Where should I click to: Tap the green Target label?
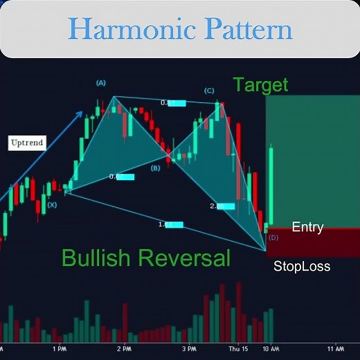[x=260, y=86]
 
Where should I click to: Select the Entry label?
[x=307, y=227]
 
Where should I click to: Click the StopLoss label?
[x=301, y=266]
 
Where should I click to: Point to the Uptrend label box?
[x=28, y=144]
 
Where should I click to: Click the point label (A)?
[x=101, y=83]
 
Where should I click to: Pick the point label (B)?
[x=155, y=168]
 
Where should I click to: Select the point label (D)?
[x=273, y=237]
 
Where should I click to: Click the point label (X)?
[x=53, y=205]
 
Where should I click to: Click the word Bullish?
[x=98, y=258]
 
